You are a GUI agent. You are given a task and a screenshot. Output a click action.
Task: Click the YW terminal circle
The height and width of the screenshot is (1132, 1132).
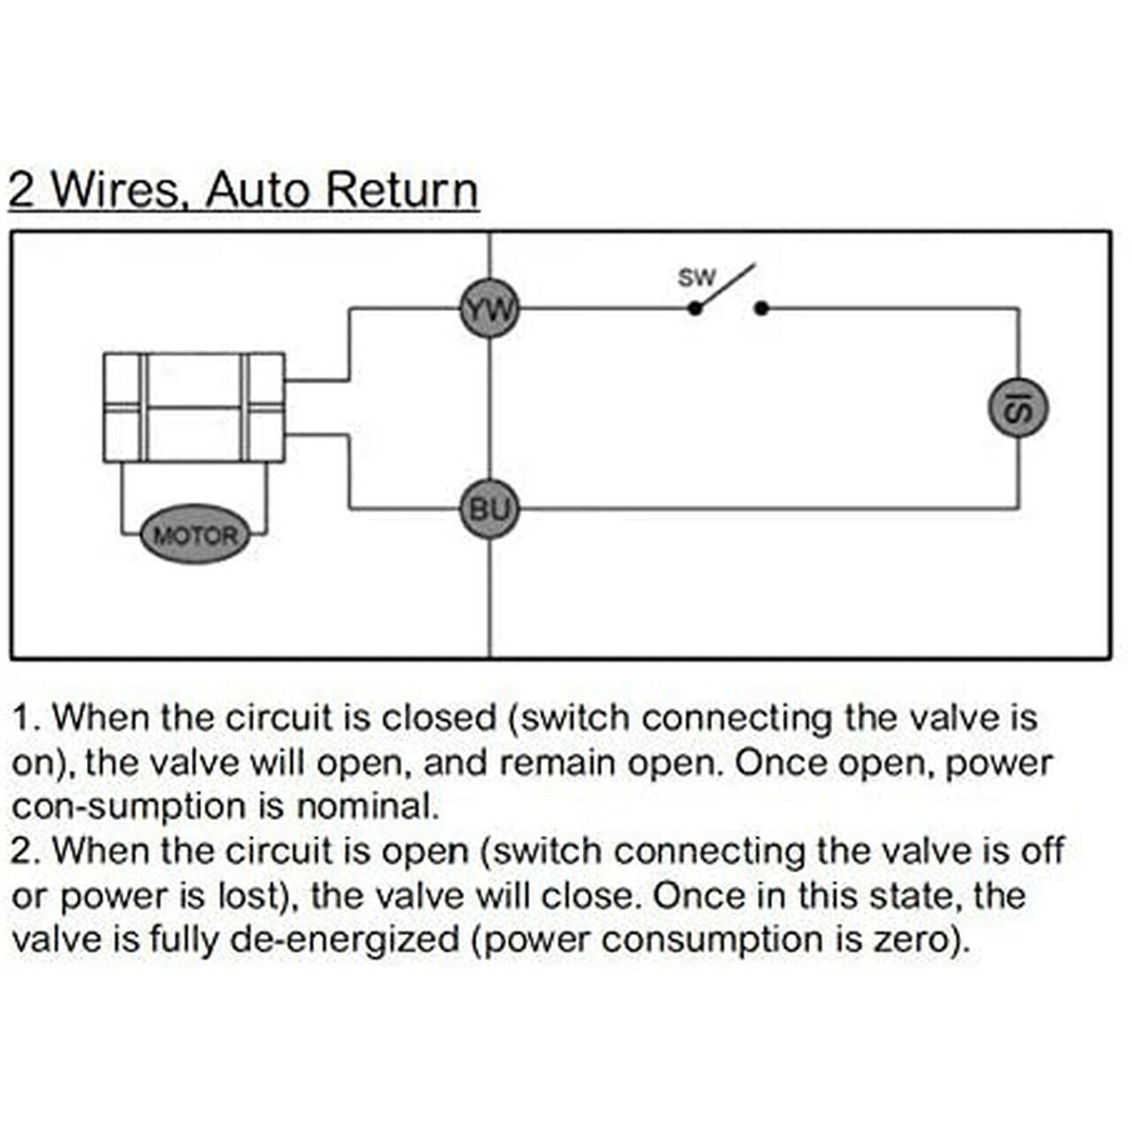pyautogui.click(x=489, y=309)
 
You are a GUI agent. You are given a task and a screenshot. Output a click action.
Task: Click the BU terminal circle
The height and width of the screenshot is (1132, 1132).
pyautogui.click(x=489, y=509)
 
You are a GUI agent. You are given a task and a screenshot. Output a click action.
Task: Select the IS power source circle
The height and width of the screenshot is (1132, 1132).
pyautogui.click(x=1018, y=409)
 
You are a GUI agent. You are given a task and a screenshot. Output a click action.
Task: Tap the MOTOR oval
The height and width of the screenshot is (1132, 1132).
pyautogui.click(x=195, y=535)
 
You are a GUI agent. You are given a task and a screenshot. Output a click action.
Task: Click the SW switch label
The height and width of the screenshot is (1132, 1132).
pyautogui.click(x=697, y=278)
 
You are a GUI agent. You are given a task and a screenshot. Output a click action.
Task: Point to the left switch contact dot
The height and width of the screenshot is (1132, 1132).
pyautogui.click(x=694, y=309)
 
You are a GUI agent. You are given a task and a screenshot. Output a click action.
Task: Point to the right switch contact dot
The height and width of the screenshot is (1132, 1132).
pyautogui.click(x=761, y=309)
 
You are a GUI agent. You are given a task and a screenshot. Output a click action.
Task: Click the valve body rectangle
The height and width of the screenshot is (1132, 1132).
pyautogui.click(x=195, y=407)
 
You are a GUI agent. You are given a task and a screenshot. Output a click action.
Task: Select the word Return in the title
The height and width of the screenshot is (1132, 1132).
pyautogui.click(x=402, y=190)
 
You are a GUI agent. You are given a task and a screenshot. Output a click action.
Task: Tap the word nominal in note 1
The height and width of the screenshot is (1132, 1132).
pyautogui.click(x=367, y=806)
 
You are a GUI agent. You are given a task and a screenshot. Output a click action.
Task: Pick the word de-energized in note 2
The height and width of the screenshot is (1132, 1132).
pyautogui.click(x=344, y=940)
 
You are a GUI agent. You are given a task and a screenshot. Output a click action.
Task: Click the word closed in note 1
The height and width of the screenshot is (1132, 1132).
pyautogui.click(x=439, y=718)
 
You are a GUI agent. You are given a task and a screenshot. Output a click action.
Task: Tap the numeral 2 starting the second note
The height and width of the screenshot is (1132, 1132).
pyautogui.click(x=19, y=851)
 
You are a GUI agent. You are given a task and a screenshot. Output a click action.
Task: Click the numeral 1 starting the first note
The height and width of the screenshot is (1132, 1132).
pyautogui.click(x=20, y=718)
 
